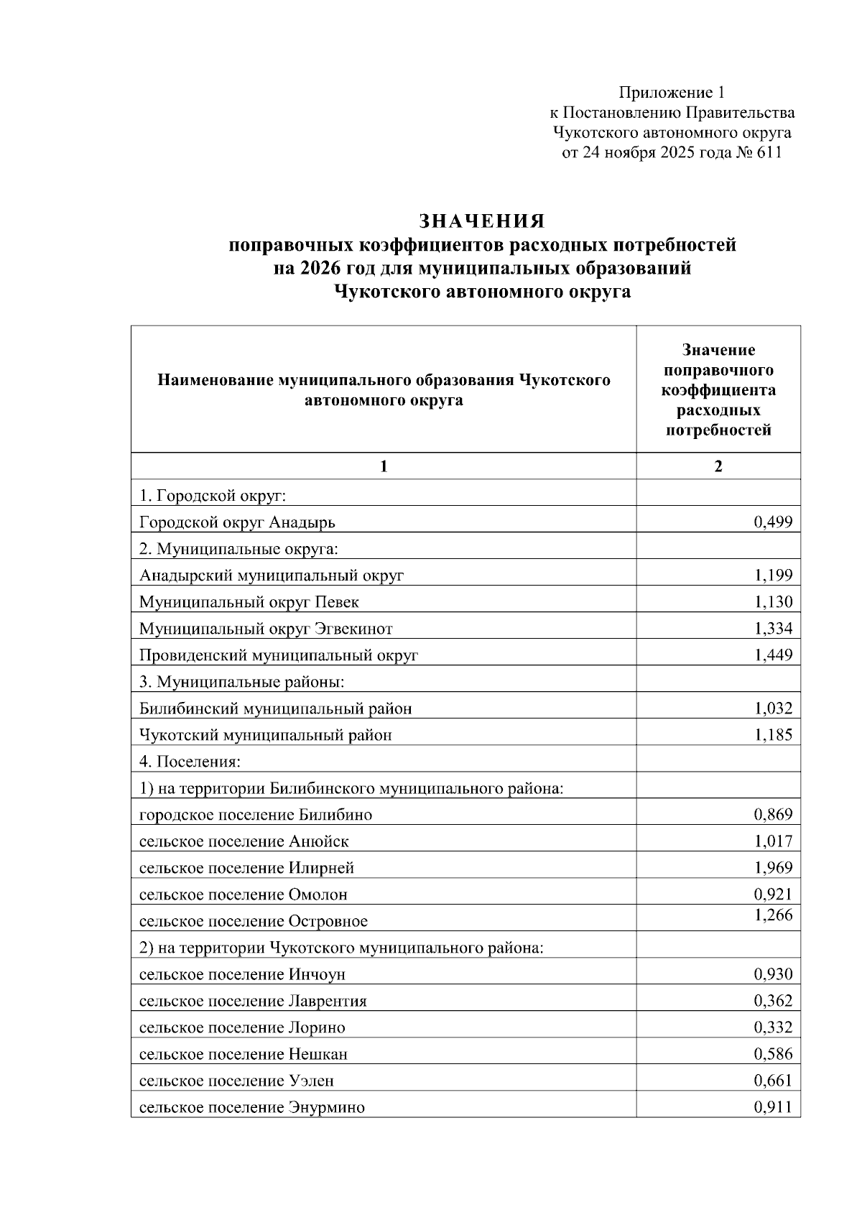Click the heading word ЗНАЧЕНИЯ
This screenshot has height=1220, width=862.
pyautogui.click(x=482, y=221)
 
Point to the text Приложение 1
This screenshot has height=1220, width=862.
pyautogui.click(x=672, y=93)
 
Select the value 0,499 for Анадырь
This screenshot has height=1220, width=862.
pyautogui.click(x=773, y=522)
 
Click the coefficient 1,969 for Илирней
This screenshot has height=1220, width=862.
pyautogui.click(x=773, y=867)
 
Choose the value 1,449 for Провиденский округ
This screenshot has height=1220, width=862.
pyautogui.click(x=773, y=655)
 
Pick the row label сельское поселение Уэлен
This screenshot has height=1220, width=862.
pyautogui.click(x=236, y=1081)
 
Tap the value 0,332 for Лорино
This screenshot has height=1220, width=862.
pyautogui.click(x=773, y=1027)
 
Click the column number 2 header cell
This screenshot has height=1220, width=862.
pyautogui.click(x=718, y=466)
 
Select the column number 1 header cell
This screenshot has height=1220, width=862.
pyautogui.click(x=384, y=466)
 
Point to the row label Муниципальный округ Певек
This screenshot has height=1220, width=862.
pyautogui.click(x=249, y=602)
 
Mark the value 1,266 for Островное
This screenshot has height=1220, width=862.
pyautogui.click(x=773, y=915)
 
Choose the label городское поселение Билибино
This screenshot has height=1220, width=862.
pyautogui.click(x=256, y=815)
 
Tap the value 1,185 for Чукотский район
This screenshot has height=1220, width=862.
pyautogui.click(x=773, y=734)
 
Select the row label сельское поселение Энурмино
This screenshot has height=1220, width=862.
pyautogui.click(x=252, y=1107)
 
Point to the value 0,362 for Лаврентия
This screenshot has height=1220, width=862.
pyautogui.click(x=773, y=1001)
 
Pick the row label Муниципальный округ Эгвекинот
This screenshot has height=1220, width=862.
pyautogui.click(x=266, y=629)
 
